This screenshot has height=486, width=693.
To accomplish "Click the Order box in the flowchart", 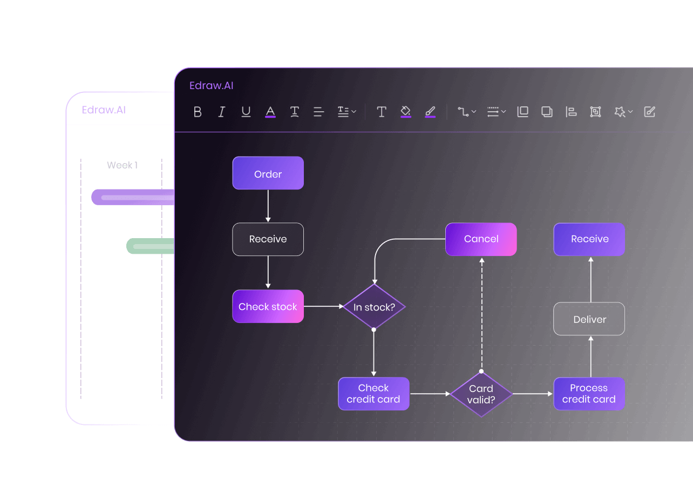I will click(x=268, y=173).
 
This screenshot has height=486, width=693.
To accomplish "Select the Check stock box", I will click(x=268, y=306).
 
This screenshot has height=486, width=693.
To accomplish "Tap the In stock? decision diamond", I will click(x=373, y=307).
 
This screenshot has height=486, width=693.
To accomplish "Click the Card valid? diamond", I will click(x=481, y=394).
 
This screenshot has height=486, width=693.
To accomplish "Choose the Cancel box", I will click(x=481, y=239).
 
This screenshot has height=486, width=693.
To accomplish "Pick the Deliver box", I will click(x=589, y=319).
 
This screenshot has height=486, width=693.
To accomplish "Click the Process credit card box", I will click(x=589, y=394).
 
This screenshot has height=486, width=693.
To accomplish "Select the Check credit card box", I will click(x=373, y=394).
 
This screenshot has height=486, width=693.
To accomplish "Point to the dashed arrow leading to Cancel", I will click(x=482, y=313).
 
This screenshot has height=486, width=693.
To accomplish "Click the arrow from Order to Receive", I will click(x=268, y=206).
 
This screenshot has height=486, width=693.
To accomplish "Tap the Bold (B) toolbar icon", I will click(x=198, y=112).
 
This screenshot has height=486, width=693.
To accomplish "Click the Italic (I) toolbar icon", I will click(x=222, y=112).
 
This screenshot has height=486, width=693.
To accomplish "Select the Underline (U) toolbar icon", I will click(x=246, y=112).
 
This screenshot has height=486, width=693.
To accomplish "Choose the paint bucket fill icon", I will click(x=406, y=111).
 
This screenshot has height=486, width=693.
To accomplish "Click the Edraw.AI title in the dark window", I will click(x=212, y=86).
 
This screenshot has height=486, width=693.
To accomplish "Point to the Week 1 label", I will click(x=122, y=165).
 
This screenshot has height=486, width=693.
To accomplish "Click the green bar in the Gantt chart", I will click(x=151, y=246).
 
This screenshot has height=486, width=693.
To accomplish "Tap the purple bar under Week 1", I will click(x=133, y=197).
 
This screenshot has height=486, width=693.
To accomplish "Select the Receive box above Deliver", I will click(x=589, y=239).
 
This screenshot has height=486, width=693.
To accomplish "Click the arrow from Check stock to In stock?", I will click(x=323, y=306).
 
